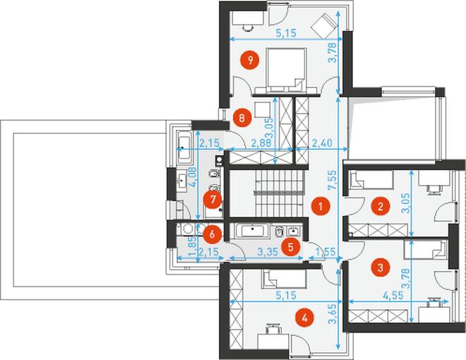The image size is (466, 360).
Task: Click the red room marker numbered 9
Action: [250, 60]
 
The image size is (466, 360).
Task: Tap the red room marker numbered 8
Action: [241, 118]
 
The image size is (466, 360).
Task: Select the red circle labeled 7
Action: [213, 199]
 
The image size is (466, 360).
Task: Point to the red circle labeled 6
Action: [213, 234]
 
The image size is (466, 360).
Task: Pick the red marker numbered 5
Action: [291, 246]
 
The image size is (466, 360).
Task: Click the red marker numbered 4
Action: [304, 318]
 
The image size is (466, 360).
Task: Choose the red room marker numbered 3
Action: [381, 268]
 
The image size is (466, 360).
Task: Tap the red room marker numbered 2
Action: [381, 206]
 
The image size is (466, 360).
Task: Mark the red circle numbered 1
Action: [321, 206]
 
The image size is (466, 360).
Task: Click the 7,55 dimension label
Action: [333, 180]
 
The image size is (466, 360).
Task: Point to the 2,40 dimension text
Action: [322, 143]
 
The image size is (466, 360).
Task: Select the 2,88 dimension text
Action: [261, 143]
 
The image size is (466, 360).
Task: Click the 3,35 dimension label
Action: [268, 252]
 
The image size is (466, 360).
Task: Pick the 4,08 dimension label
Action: [193, 176]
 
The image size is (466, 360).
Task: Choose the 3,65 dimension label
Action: [334, 314]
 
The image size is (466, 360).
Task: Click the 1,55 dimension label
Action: [325, 252]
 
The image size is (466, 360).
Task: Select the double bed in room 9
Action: [286, 71]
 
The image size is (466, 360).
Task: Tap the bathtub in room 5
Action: [253, 230]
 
